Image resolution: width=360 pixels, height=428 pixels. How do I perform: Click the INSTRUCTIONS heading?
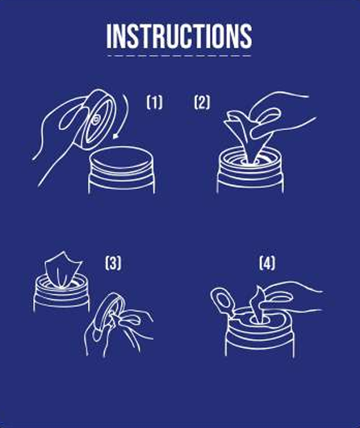[x=179, y=36]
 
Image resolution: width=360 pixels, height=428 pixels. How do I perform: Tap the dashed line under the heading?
[x=179, y=56]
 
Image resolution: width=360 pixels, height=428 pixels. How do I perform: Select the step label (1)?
[x=154, y=103]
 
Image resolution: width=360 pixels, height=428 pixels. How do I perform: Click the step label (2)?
[x=203, y=103]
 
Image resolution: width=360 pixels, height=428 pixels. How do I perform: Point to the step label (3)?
[x=113, y=263]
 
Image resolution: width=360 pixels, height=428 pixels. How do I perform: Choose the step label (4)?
[x=267, y=263]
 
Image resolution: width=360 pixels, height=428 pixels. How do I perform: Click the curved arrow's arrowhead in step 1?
[x=116, y=136]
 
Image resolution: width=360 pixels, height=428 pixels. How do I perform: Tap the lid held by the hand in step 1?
[x=94, y=120]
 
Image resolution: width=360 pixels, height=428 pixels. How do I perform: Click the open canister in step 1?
[x=121, y=170]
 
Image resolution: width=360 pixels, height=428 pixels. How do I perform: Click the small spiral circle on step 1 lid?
[x=96, y=119]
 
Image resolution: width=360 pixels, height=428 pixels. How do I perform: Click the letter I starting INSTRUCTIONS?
[x=109, y=36]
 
